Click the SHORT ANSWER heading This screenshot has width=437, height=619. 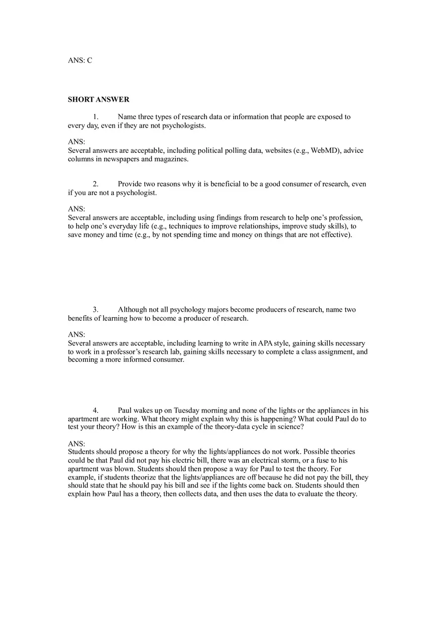point(98,100)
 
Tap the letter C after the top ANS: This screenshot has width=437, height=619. point(89,61)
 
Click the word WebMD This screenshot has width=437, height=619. point(324,150)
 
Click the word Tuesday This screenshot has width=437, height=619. point(189,411)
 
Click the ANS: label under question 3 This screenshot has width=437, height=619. point(76,335)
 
